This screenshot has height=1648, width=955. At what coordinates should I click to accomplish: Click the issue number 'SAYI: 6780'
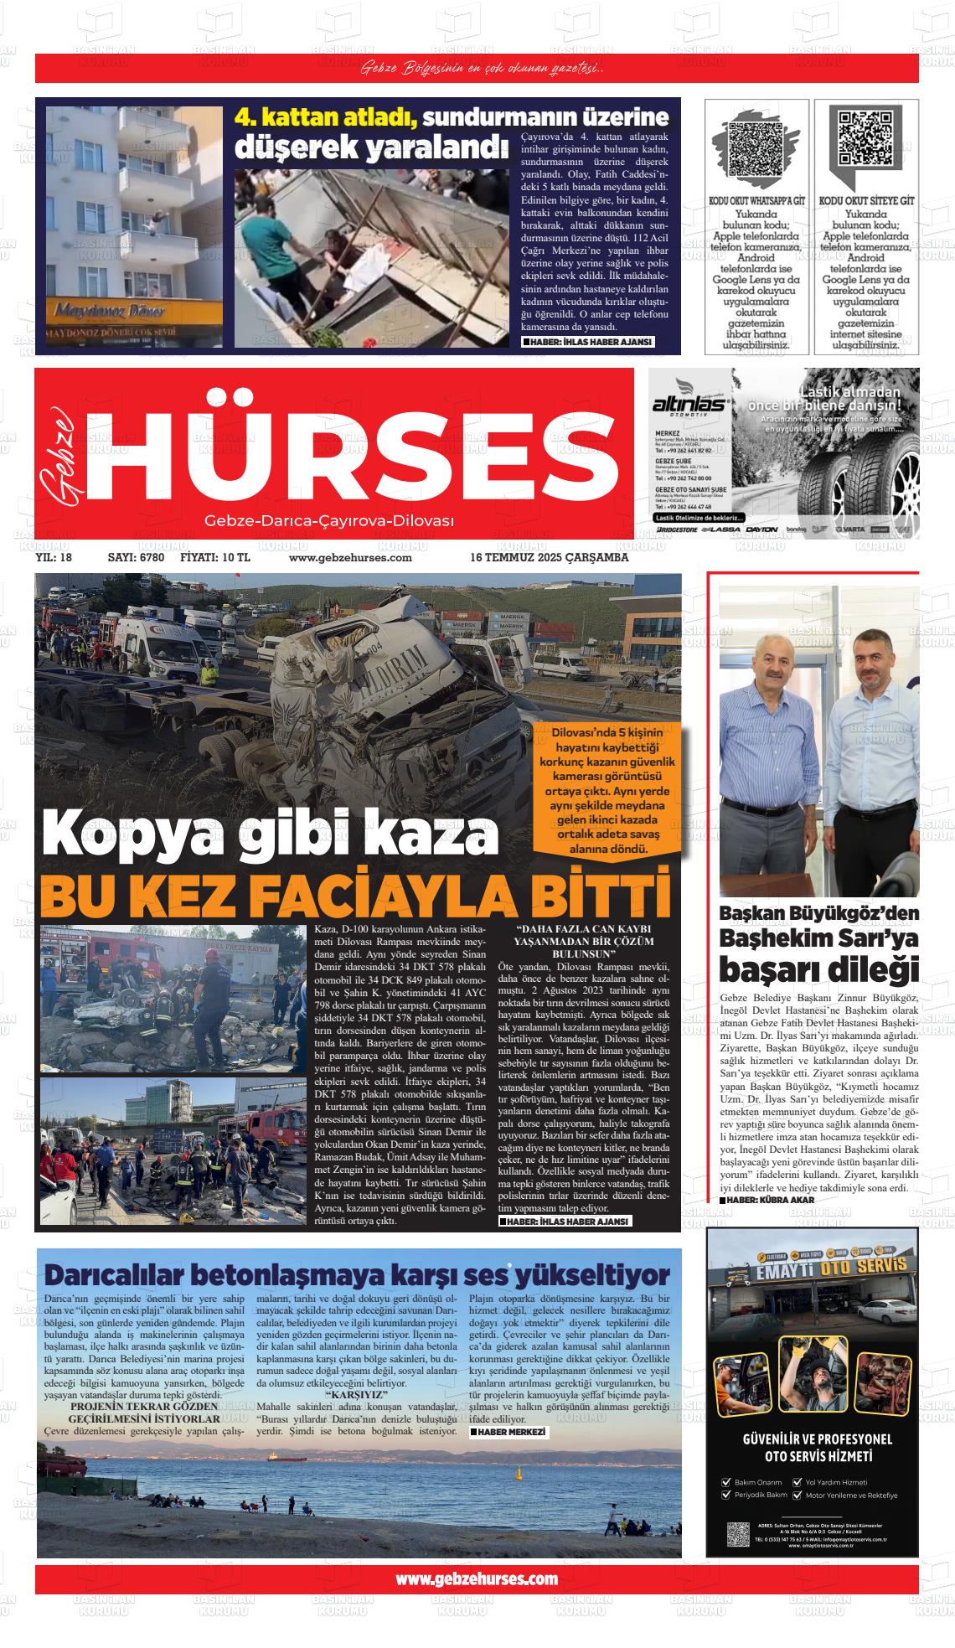[x=136, y=557]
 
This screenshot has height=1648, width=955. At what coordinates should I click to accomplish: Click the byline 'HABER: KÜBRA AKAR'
[x=769, y=1200]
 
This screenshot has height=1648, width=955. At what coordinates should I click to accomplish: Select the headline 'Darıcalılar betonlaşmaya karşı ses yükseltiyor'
[x=358, y=1274]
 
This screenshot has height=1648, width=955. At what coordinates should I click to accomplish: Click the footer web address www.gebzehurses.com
[x=476, y=1578]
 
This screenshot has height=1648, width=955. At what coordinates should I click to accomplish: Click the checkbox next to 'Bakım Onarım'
[x=725, y=1481]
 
